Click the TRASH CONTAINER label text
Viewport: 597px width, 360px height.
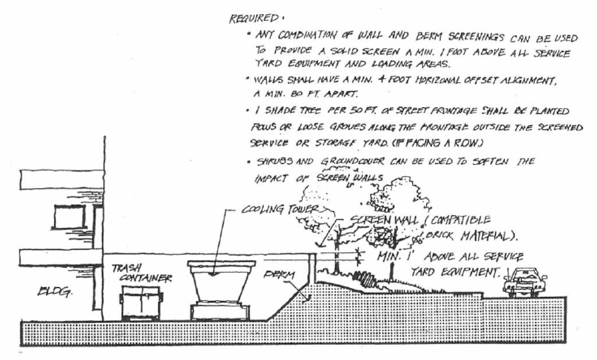pyautogui.click(x=142, y=273)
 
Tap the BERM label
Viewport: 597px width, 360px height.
pyautogui.click(x=280, y=275)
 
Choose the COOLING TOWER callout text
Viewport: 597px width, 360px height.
pyautogui.click(x=280, y=210)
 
